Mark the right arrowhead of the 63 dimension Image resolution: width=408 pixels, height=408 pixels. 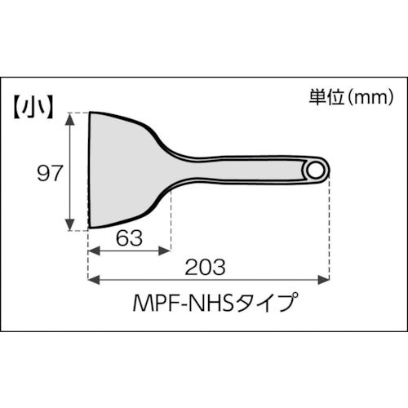166,253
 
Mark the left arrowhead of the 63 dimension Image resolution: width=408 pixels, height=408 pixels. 92,253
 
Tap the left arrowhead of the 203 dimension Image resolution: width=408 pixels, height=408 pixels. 92,280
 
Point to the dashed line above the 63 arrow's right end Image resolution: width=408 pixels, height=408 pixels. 171,220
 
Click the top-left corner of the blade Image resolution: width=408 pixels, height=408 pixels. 90,113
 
